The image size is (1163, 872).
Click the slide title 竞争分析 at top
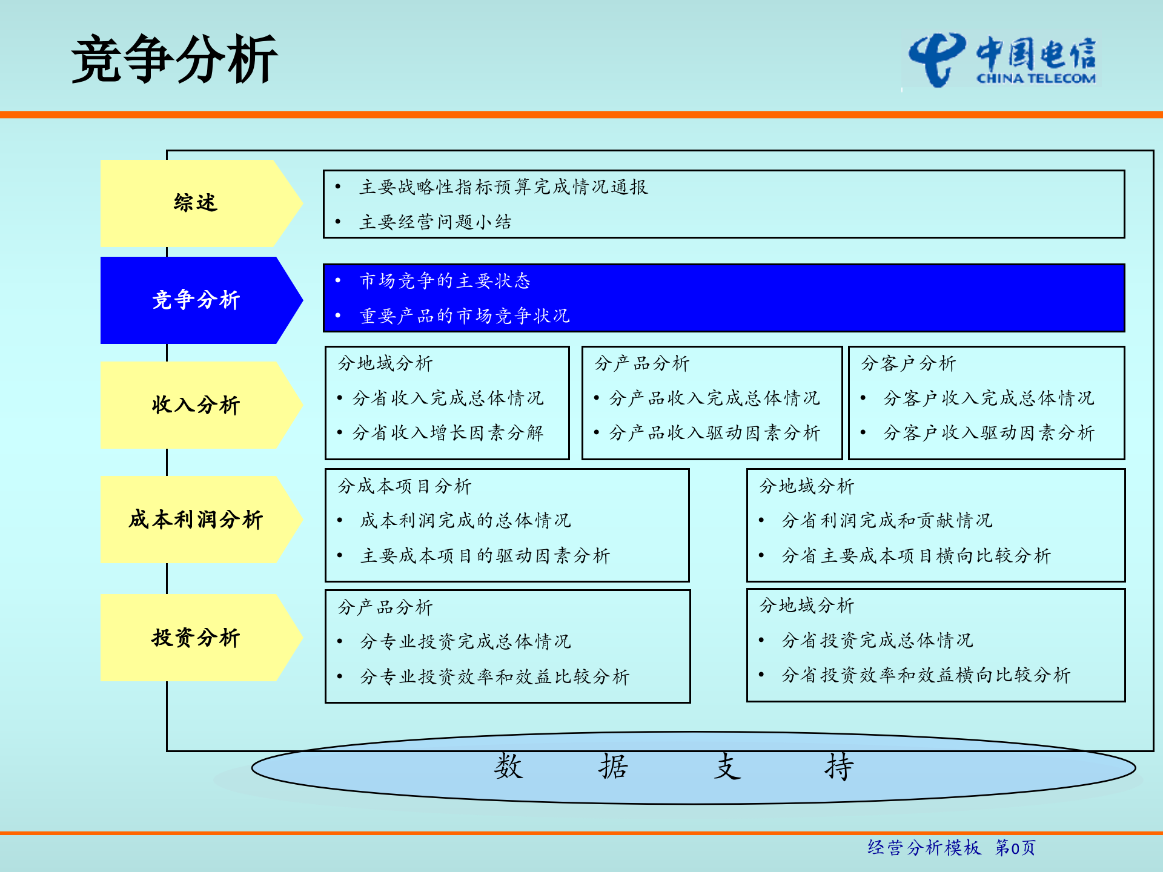point(174,59)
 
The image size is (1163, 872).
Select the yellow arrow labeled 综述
point(195,203)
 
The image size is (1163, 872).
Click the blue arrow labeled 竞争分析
point(195,300)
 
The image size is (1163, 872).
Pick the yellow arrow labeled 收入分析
point(195,405)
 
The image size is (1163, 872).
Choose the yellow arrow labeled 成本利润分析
point(195,519)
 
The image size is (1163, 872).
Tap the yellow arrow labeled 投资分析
point(195,637)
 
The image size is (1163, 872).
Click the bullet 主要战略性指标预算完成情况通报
point(503,187)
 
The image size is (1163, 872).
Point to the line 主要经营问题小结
point(435,222)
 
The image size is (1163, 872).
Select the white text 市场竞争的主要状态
point(445,281)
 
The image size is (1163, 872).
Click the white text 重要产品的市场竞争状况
point(464,316)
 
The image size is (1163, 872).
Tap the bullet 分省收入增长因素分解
point(448,433)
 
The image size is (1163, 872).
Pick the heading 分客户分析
point(908,363)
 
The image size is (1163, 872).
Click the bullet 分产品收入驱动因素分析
point(714,433)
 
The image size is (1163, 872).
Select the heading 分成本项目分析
point(404,486)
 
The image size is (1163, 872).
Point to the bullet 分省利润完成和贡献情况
point(886,521)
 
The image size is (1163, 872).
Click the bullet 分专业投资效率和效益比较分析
point(494,676)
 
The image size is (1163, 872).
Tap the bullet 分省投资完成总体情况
point(876,640)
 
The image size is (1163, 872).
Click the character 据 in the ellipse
point(613,767)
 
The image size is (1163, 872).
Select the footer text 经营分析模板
point(924,848)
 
